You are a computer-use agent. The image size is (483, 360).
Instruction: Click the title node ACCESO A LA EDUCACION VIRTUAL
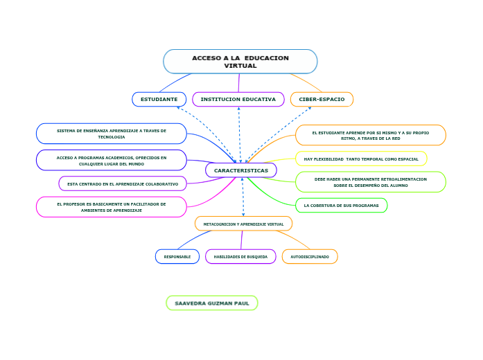tap(240, 61)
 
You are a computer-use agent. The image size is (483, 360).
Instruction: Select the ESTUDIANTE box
tap(159, 100)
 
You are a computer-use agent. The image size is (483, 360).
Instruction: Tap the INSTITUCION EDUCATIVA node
tap(238, 100)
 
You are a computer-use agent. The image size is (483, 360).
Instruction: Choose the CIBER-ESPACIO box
tap(322, 100)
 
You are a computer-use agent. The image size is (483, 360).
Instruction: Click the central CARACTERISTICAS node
tap(241, 170)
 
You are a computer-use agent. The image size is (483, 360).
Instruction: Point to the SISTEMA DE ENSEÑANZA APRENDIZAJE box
tap(112, 134)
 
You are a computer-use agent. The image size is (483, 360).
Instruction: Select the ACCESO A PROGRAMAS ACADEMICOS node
tap(112, 161)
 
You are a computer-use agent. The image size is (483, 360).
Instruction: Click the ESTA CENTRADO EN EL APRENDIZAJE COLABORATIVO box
tap(123, 184)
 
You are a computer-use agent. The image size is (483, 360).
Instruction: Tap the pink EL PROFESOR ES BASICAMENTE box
tap(112, 207)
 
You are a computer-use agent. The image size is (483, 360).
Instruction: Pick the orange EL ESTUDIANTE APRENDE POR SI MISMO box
tap(370, 135)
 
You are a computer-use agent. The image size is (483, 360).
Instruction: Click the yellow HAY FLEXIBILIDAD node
tap(361, 159)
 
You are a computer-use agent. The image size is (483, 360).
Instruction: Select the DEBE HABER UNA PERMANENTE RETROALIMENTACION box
tap(370, 182)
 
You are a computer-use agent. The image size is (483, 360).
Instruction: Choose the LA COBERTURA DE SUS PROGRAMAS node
tap(341, 206)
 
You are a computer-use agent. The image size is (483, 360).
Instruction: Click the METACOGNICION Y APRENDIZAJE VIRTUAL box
tap(243, 224)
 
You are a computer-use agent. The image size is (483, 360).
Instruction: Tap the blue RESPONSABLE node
tap(177, 257)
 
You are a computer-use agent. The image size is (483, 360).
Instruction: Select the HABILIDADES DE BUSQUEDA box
tap(240, 257)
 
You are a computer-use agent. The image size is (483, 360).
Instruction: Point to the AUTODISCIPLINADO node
tap(310, 257)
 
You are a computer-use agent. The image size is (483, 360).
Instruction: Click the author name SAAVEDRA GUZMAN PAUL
tap(212, 303)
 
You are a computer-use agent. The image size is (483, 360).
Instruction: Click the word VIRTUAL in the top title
tap(240, 66)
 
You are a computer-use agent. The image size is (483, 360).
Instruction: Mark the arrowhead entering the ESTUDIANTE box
tap(178, 107)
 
